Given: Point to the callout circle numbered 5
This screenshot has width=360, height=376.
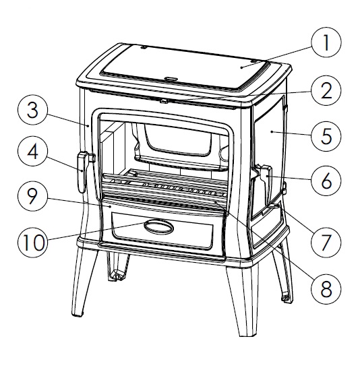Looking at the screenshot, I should click(326, 135).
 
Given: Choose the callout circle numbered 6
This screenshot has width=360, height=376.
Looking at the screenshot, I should click(326, 180).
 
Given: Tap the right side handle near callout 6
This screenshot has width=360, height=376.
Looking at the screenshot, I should click(264, 179).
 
